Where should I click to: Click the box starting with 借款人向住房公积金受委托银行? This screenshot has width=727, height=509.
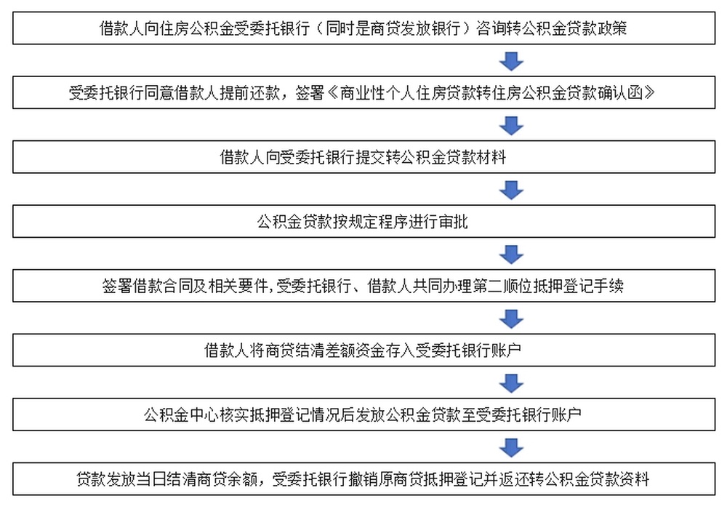tap(363, 28)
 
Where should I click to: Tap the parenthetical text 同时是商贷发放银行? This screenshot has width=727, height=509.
tap(393, 28)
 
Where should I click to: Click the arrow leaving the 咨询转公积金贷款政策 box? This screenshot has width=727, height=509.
tap(511, 61)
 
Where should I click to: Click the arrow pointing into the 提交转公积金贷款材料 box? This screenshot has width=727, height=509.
tap(511, 126)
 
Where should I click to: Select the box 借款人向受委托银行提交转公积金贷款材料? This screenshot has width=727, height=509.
tap(363, 157)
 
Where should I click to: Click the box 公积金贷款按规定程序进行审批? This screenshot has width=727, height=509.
tap(363, 222)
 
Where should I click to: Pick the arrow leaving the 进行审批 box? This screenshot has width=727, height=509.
tap(511, 254)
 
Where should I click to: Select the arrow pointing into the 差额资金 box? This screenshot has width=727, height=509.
tap(511, 319)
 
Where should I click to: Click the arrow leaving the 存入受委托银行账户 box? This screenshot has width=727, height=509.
tap(511, 383)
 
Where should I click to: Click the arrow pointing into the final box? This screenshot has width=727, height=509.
tap(511, 448)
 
